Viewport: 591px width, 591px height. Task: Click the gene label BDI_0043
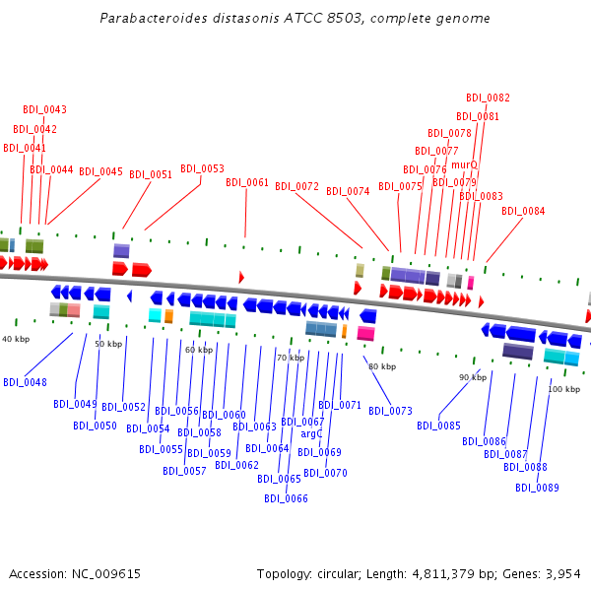click(45, 109)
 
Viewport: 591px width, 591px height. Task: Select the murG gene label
click(464, 164)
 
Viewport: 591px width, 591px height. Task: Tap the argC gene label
click(311, 433)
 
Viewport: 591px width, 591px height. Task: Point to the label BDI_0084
click(523, 211)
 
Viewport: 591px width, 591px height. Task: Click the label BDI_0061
click(247, 182)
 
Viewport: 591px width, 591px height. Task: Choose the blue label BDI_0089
click(537, 488)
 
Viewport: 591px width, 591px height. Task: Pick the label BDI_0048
click(25, 382)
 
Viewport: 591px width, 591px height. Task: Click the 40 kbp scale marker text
click(16, 339)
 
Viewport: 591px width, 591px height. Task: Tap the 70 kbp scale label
click(291, 358)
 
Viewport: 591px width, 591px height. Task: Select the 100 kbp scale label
click(564, 389)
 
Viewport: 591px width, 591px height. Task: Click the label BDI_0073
click(390, 411)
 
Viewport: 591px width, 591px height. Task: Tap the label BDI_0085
click(438, 426)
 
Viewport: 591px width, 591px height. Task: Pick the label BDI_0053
click(202, 168)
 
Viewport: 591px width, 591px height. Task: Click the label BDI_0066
click(286, 498)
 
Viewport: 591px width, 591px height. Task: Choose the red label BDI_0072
click(296, 186)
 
